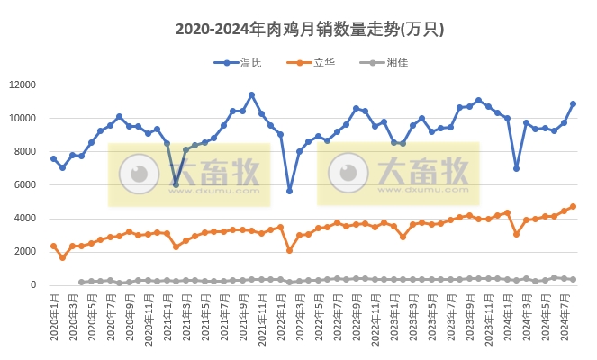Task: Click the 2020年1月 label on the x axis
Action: pyautogui.click(x=53, y=319)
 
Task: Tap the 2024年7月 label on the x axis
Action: pyautogui.click(x=564, y=319)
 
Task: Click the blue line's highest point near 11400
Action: pyautogui.click(x=251, y=94)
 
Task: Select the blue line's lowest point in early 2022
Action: pyautogui.click(x=290, y=191)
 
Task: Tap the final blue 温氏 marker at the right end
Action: pyautogui.click(x=573, y=103)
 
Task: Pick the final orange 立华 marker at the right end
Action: pyautogui.click(x=573, y=206)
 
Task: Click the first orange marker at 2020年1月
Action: pyautogui.click(x=53, y=246)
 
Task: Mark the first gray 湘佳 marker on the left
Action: pyautogui.click(x=82, y=282)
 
